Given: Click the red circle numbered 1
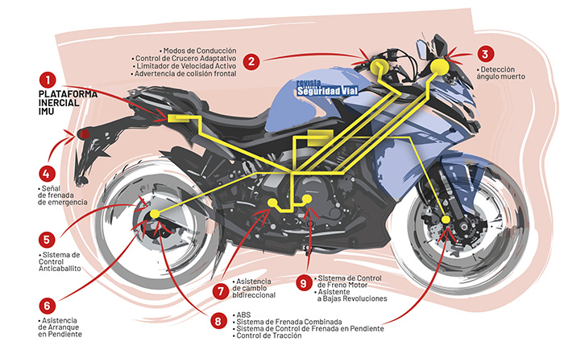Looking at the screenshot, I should click(x=48, y=80).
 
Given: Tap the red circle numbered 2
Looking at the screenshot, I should click(x=252, y=60).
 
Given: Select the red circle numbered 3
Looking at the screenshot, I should click(x=484, y=55).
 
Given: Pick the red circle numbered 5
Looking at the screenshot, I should click(x=48, y=239).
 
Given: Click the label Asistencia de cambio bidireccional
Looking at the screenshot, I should click(x=260, y=290).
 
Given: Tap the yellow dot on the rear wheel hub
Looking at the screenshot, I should click(x=156, y=215).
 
